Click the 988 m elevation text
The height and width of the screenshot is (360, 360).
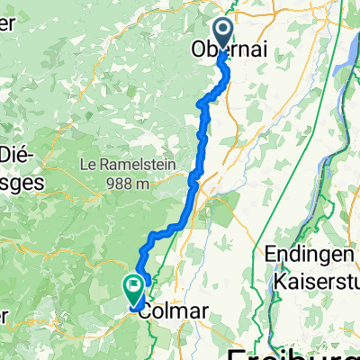(128, 184)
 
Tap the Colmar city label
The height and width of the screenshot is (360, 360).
(175, 310)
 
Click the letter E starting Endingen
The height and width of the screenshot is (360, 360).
(272, 254)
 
